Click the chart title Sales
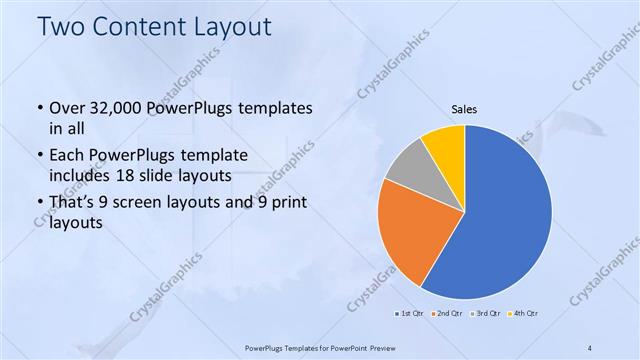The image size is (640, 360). [x=464, y=109]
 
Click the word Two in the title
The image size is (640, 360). [x=62, y=27]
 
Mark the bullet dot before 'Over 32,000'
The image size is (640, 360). [x=39, y=108]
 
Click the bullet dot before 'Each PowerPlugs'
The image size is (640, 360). [x=39, y=156]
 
